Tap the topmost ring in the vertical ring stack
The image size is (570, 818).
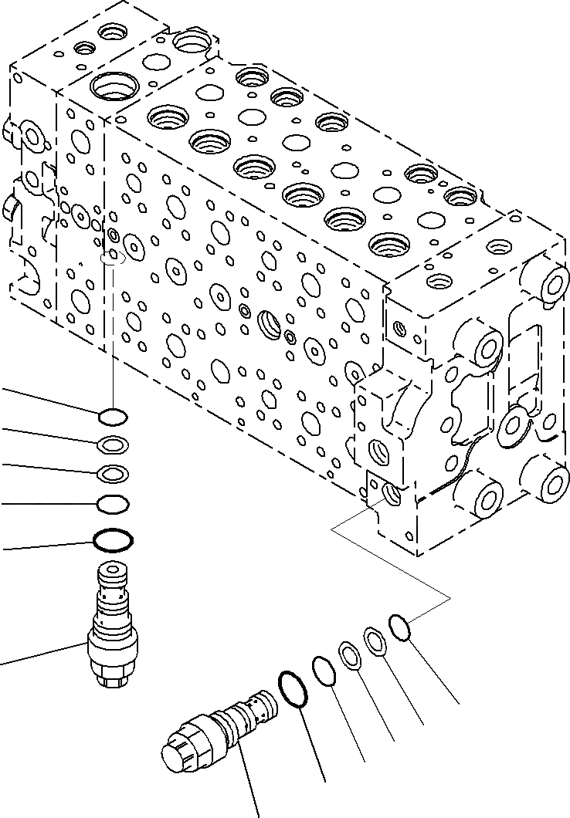[113, 417]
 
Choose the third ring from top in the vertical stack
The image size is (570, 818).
[113, 473]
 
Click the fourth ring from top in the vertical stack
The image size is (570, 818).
[113, 504]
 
